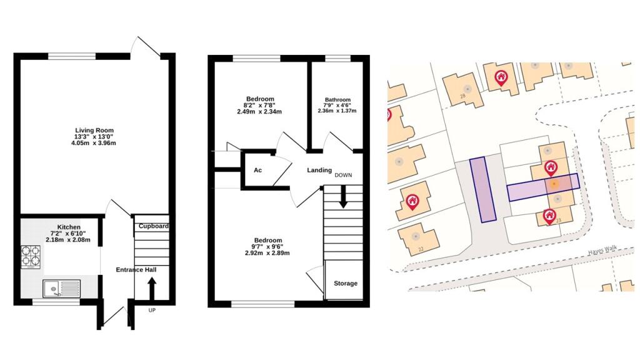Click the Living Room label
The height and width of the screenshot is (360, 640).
click(94, 130)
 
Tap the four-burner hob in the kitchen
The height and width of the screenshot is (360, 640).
click(32, 256)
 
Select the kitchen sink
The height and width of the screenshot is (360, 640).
click(61, 289)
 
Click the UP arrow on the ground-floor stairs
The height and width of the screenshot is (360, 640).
click(151, 288)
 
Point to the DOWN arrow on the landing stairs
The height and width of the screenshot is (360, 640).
click(343, 199)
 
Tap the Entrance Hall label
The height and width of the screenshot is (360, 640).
click(136, 269)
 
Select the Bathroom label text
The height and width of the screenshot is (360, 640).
click(337, 100)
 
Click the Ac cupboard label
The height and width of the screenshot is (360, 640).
click(257, 170)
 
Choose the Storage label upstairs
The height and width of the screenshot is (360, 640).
click(346, 283)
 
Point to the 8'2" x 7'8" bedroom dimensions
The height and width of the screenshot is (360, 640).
click(260, 106)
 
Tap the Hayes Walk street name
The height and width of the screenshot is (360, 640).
click(601, 249)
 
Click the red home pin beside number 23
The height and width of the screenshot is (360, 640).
click(550, 216)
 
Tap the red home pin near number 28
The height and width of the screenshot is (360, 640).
click(501, 77)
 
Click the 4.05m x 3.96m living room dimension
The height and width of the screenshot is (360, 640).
click(94, 144)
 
